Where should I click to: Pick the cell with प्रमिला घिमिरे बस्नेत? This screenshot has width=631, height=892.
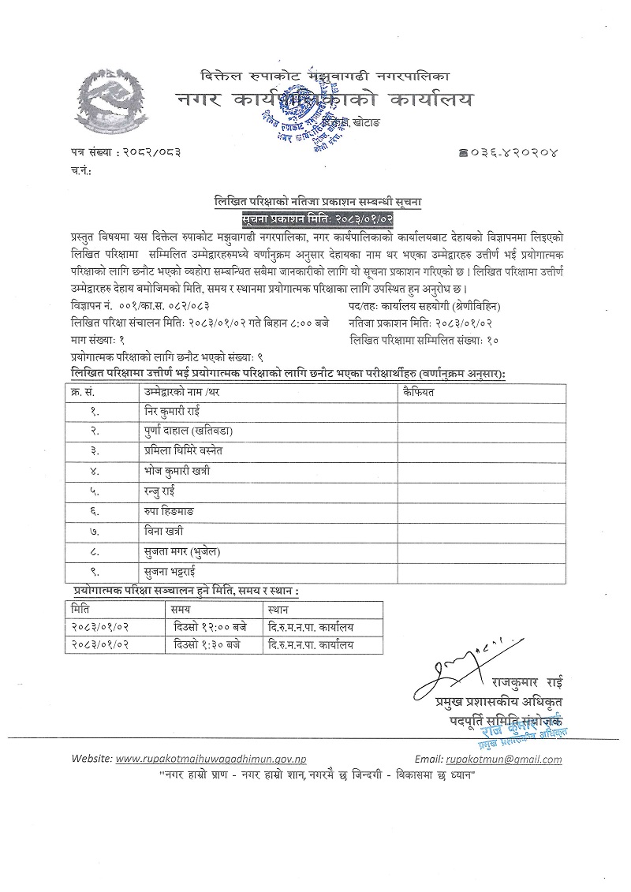tap(193, 451)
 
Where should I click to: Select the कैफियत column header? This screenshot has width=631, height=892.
tap(418, 390)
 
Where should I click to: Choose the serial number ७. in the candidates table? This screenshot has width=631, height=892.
tap(94, 531)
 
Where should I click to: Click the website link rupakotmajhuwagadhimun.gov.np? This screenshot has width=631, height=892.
tap(211, 759)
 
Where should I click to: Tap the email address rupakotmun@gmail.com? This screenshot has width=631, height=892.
tap(503, 759)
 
